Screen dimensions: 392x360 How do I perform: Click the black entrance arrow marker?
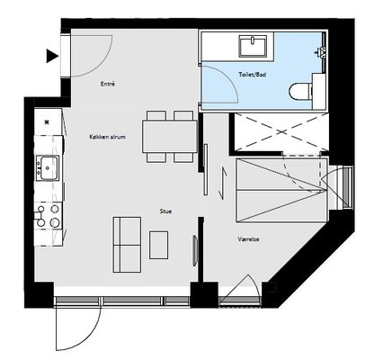pos(52,56)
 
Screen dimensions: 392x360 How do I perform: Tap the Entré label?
pos(108,84)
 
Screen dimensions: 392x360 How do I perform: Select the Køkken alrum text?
pos(108,137)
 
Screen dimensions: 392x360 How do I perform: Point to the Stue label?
pos(165,211)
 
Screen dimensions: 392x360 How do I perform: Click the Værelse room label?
pos(248,239)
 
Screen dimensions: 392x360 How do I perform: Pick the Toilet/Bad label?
pos(253,75)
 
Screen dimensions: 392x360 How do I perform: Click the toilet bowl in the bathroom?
pos(301,91)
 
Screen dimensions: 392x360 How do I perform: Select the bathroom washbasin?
pos(253,46)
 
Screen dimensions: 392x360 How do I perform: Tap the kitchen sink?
pos(48,168)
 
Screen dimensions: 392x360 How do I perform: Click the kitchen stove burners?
pos(48,216)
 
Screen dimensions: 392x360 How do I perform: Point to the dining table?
pos(170,137)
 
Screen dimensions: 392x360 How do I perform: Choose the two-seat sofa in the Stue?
pos(127,245)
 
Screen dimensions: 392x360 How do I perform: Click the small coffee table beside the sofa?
pos(158,245)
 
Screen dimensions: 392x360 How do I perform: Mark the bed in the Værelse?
pos(281,191)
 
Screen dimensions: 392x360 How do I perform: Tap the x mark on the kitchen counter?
pos(47,121)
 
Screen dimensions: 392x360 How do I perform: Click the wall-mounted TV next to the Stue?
pos(195,251)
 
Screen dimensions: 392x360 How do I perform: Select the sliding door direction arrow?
pos(223,184)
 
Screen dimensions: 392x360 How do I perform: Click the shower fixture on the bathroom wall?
pos(321,51)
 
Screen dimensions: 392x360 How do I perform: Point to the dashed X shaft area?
pos(281,132)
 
